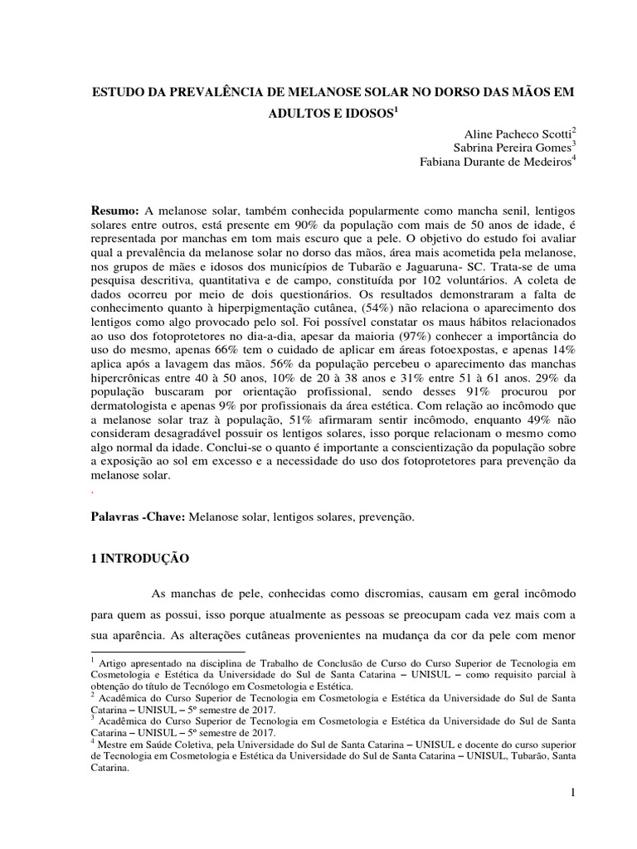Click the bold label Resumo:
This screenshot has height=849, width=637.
115,213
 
